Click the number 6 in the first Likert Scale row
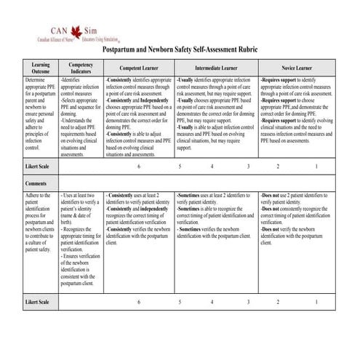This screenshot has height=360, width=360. coord(138,167)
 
